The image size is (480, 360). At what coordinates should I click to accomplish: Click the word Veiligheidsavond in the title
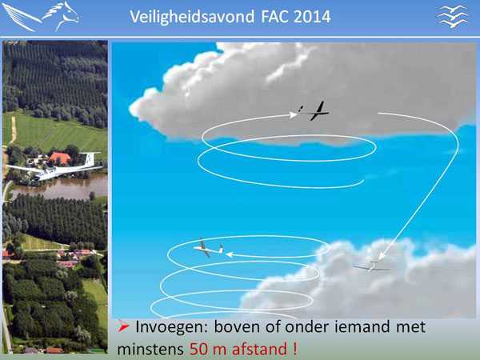coord(192,17)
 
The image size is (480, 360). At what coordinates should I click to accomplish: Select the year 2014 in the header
coord(312,17)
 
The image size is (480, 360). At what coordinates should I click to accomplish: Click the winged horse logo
coord(41,16)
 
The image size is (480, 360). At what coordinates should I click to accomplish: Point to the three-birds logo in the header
coord(453,16)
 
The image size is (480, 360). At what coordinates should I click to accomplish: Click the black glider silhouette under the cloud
coord(315,111)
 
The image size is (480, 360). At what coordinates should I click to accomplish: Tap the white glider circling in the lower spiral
coord(208,249)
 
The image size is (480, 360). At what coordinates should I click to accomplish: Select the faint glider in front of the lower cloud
coord(372,267)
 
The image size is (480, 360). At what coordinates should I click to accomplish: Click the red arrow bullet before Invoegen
coord(123,326)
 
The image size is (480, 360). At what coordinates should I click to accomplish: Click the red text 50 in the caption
coord(199,349)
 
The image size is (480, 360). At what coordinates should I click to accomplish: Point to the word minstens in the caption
coord(150,349)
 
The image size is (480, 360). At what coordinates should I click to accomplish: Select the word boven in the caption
coord(235,326)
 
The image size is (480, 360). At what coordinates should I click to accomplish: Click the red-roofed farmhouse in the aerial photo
coord(60,158)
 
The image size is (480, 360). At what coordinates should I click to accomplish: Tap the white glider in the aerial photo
coord(54,167)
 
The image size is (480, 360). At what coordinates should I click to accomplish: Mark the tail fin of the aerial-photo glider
coord(90,159)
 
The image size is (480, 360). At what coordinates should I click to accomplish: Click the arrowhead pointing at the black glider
coord(294,114)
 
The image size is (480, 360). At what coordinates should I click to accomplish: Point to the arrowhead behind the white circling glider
coord(230,254)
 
